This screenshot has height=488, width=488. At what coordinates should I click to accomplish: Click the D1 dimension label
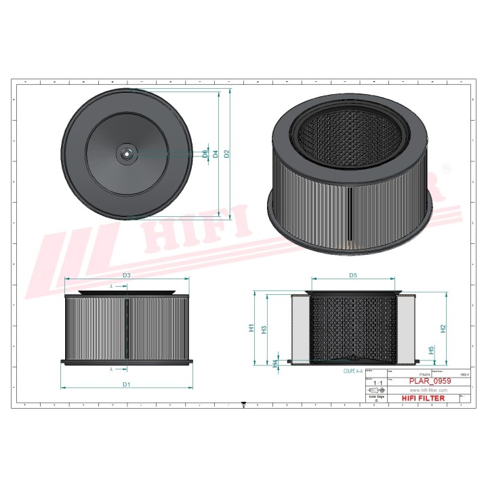click(x=126, y=384)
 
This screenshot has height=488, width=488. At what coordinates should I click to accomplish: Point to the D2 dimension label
click(x=227, y=154)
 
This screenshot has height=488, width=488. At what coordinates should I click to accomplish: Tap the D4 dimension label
click(x=216, y=154)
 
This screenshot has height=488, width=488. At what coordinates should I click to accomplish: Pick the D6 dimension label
click(x=205, y=154)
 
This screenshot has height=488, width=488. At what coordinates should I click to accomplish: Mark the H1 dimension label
click(x=251, y=329)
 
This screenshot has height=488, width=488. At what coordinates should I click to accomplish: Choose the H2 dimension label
click(x=443, y=329)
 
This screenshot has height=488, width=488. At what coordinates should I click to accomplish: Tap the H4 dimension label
click(x=274, y=363)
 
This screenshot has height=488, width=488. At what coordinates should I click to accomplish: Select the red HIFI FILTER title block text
click(x=424, y=398)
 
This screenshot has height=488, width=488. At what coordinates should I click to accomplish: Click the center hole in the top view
click(x=126, y=154)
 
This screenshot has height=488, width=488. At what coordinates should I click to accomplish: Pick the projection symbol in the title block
click(x=373, y=390)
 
